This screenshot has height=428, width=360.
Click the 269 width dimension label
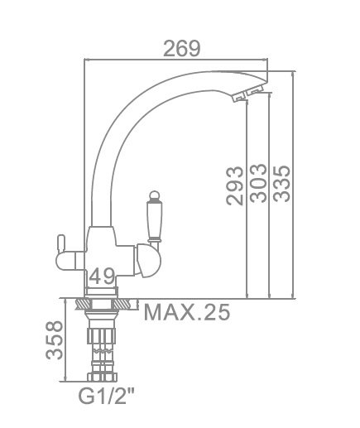[x=182, y=49]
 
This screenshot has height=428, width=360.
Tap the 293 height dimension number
[x=235, y=186]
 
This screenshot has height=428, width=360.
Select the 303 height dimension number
[x=258, y=183]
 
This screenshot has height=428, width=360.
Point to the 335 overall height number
[x=281, y=184]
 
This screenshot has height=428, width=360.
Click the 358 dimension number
[x=55, y=340]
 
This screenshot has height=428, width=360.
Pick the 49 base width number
[x=102, y=277]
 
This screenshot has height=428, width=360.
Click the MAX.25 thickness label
[x=187, y=312]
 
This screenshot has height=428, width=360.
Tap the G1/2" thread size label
[x=107, y=396]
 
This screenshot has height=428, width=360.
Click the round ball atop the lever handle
[x=154, y=195]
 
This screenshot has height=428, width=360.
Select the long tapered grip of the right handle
[x=154, y=219]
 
